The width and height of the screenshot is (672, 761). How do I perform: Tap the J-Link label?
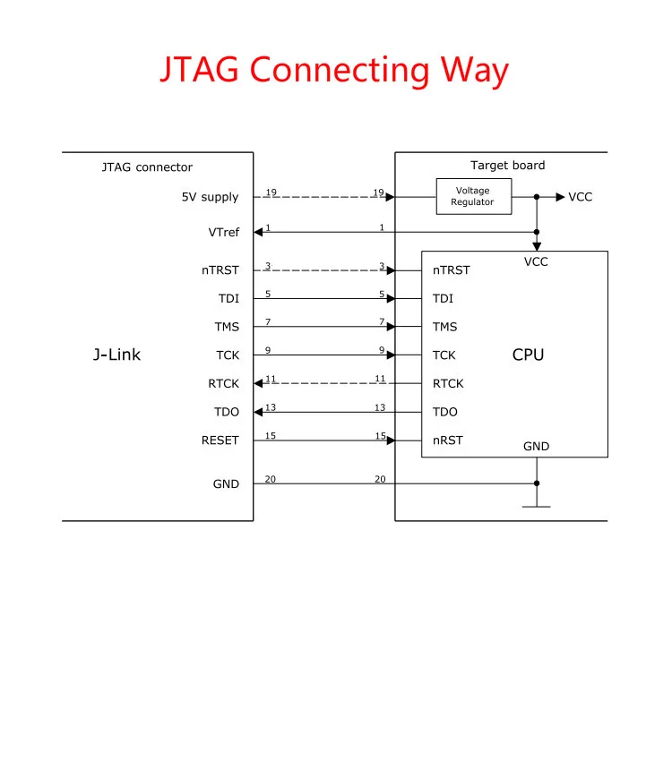click(x=116, y=355)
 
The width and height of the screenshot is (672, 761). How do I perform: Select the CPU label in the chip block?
click(x=529, y=355)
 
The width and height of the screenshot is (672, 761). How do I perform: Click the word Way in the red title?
click(x=474, y=71)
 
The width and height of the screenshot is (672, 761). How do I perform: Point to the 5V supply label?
click(x=211, y=197)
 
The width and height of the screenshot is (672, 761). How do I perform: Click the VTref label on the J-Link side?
click(x=224, y=233)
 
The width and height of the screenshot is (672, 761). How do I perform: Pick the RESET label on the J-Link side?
click(x=220, y=440)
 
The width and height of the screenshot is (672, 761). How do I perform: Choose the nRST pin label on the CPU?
click(x=448, y=440)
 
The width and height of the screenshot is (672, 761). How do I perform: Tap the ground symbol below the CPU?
click(x=537, y=506)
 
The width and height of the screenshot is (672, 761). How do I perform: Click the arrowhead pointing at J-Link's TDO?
click(x=258, y=412)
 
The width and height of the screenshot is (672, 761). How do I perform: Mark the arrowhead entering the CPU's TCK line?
click(x=391, y=355)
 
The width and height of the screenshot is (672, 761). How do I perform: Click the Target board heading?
click(x=508, y=166)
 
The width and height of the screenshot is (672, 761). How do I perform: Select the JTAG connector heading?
click(x=147, y=167)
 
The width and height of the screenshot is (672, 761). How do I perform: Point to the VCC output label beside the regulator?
click(x=581, y=197)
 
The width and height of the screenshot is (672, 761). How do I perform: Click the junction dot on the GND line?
click(x=537, y=483)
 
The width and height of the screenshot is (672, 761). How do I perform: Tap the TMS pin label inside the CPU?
click(x=444, y=327)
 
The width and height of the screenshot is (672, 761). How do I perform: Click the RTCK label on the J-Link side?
click(x=224, y=383)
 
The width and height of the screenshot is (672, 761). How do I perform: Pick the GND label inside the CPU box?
click(x=536, y=447)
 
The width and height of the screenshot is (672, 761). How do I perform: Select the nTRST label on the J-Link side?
click(x=220, y=269)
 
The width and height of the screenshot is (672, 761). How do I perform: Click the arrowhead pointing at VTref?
click(x=258, y=232)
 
